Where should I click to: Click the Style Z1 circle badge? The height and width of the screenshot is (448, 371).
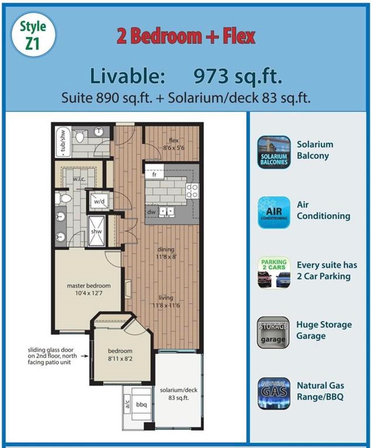33,35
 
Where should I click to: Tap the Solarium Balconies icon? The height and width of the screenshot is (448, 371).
274,152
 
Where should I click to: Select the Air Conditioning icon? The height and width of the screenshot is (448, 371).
274,213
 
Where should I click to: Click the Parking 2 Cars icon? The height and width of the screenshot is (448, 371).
274,272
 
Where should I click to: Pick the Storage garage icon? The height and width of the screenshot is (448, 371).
273,332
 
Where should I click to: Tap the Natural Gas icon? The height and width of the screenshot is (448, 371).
274,393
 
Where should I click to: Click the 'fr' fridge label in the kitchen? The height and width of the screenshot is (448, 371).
154,175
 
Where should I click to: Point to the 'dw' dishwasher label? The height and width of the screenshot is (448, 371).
151,212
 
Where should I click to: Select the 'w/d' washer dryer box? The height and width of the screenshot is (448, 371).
99,201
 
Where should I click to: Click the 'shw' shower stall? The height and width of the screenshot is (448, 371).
96,231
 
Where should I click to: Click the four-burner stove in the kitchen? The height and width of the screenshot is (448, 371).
192,191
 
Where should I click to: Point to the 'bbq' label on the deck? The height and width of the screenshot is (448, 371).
141,405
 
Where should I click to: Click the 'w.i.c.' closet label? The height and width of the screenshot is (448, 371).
79,179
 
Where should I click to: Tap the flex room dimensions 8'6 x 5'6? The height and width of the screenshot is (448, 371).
174,148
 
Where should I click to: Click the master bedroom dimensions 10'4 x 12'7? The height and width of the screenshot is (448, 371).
89,293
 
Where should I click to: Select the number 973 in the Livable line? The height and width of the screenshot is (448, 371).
211,76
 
